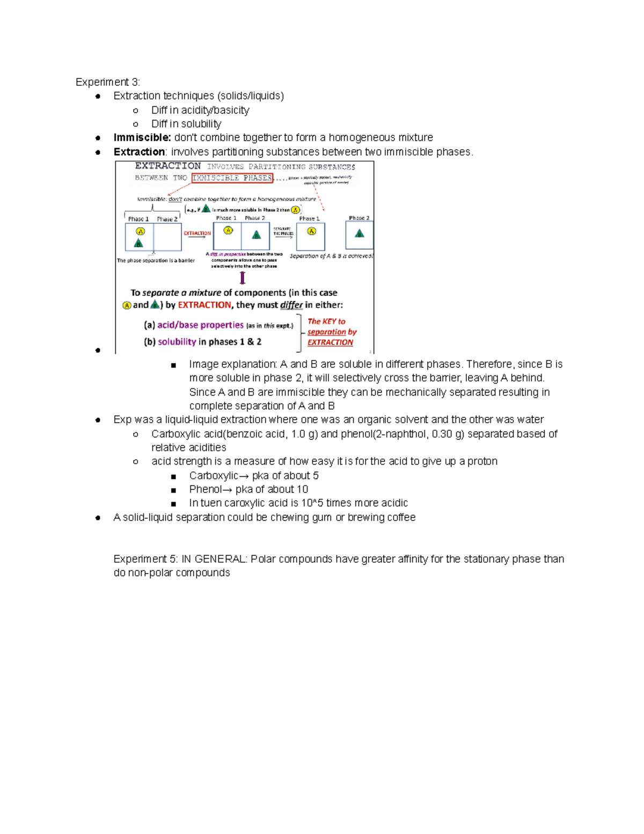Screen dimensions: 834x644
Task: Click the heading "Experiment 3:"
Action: pyautogui.click(x=107, y=82)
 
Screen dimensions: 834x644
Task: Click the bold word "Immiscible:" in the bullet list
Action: pyautogui.click(x=142, y=138)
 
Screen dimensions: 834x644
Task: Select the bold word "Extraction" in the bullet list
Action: pyautogui.click(x=139, y=152)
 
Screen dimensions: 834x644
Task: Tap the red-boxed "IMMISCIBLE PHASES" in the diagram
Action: pyautogui.click(x=232, y=178)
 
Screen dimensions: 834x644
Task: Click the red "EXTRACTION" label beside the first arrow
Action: pyautogui.click(x=197, y=233)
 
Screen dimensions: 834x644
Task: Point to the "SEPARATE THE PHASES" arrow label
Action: pyautogui.click(x=283, y=231)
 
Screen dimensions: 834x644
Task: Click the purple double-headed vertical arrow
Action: pyautogui.click(x=243, y=278)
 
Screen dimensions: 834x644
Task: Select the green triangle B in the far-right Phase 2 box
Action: pyautogui.click(x=360, y=233)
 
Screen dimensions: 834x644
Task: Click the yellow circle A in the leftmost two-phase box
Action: pyautogui.click(x=141, y=231)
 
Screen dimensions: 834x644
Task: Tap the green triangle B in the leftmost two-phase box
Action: pyautogui.click(x=138, y=243)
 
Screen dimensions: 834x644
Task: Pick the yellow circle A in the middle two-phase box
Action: pyautogui.click(x=228, y=230)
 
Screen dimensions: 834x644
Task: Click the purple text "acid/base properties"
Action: pyautogui.click(x=200, y=325)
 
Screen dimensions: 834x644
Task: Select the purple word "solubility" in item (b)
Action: pyautogui.click(x=177, y=342)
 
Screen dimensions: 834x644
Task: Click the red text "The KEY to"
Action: pyautogui.click(x=326, y=321)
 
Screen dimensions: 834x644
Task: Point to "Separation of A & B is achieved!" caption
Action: pyautogui.click(x=331, y=256)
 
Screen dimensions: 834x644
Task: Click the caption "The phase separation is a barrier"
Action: pyautogui.click(x=156, y=260)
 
